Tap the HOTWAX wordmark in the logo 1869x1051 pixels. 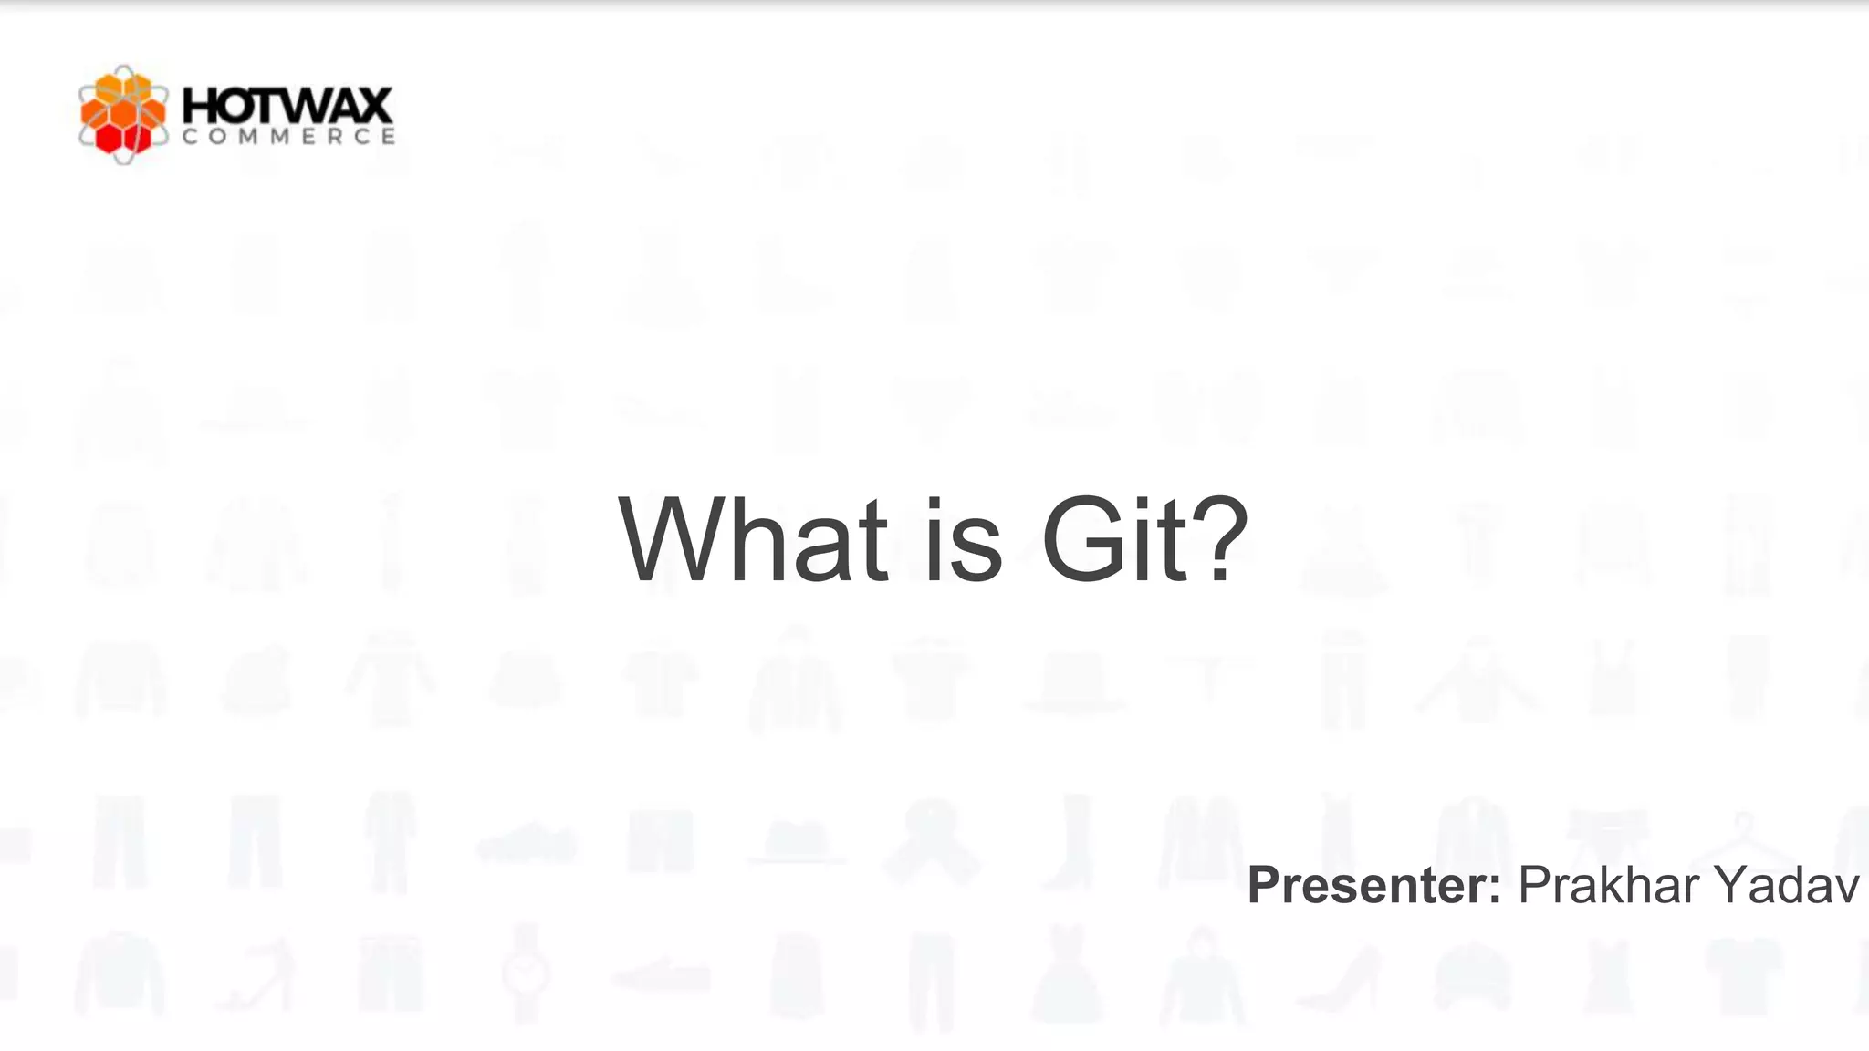[287, 106]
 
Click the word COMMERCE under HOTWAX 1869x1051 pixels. [287, 137]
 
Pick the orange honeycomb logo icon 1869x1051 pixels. [123, 115]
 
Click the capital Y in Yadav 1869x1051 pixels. [1732, 885]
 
